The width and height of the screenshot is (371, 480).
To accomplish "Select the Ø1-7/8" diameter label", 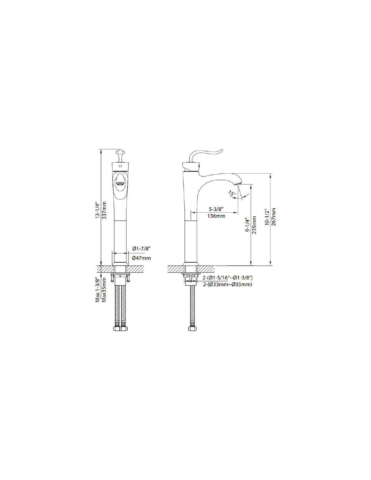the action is point(141,249).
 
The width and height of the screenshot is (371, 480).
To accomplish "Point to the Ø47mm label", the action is point(141,258).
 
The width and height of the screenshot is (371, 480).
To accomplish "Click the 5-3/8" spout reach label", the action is point(217,208).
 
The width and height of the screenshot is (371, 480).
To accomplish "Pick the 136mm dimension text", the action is point(216,216).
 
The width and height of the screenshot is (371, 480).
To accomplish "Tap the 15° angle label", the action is point(232,194).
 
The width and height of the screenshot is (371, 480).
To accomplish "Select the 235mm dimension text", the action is point(254,225).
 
